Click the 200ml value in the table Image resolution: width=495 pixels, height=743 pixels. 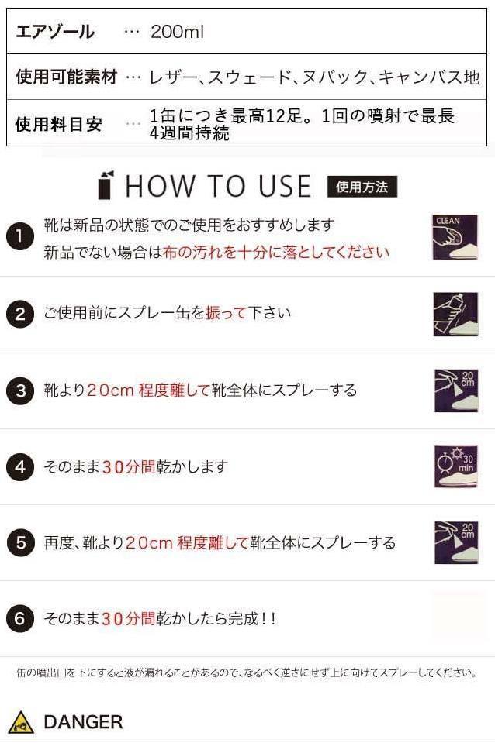point(177,32)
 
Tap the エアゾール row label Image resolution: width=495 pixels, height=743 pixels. point(55,32)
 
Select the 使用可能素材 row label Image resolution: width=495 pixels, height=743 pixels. point(67,77)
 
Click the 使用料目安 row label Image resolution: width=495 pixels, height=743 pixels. point(59,124)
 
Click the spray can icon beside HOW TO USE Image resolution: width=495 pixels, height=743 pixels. point(106,185)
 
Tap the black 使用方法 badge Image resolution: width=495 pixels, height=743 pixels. point(362,187)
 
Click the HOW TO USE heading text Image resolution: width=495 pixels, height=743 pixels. point(218,187)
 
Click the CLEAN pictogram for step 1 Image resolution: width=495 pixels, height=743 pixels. point(455,237)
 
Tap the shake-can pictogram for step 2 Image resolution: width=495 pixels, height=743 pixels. point(455,314)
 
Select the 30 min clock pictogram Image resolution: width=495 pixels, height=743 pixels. point(455,466)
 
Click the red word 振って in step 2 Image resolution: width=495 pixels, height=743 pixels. point(227,313)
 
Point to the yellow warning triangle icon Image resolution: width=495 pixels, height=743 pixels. point(21,722)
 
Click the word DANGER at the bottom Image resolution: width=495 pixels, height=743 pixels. point(83,722)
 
